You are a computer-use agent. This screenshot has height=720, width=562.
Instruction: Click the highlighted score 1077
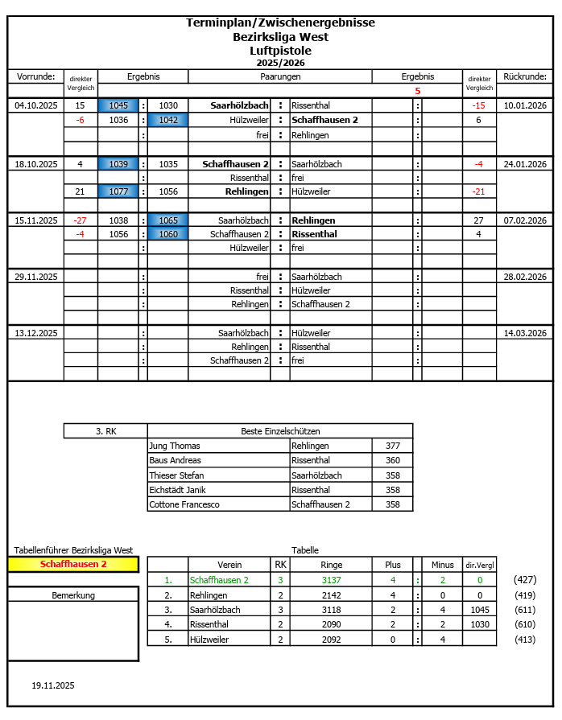(x=118, y=191)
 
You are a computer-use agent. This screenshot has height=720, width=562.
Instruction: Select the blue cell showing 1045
(x=118, y=105)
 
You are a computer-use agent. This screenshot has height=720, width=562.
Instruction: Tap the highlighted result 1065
(x=168, y=220)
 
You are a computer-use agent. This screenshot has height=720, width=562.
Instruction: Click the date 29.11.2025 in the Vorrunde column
(x=35, y=277)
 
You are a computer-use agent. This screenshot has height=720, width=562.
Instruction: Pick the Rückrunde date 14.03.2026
(x=525, y=333)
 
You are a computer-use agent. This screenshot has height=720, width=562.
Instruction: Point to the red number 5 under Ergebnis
(x=417, y=91)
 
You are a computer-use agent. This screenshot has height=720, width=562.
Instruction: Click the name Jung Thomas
(x=175, y=446)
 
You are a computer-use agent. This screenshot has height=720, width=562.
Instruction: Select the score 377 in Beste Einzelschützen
(x=392, y=446)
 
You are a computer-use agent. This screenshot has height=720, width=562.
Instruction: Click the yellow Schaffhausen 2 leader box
(x=73, y=564)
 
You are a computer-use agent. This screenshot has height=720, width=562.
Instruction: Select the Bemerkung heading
(x=73, y=595)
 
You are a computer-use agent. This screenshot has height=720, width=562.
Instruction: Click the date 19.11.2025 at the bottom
(x=53, y=685)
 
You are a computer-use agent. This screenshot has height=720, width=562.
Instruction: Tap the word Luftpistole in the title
(x=280, y=50)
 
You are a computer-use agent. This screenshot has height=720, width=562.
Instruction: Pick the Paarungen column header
(x=280, y=76)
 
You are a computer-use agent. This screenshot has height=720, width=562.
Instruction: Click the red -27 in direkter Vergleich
(x=80, y=220)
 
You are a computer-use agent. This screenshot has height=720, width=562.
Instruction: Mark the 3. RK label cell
(x=105, y=431)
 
